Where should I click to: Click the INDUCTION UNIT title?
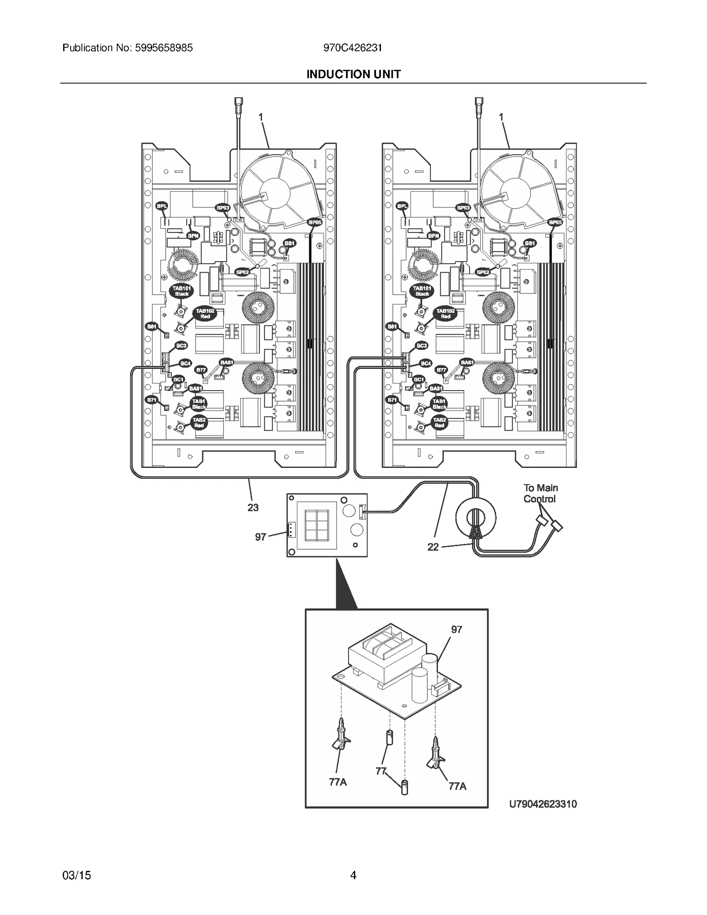(x=353, y=74)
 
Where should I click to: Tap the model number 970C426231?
(x=353, y=48)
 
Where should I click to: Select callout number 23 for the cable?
(x=253, y=508)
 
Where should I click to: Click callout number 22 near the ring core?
(x=433, y=547)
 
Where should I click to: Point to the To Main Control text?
(x=540, y=494)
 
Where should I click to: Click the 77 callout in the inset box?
(x=381, y=771)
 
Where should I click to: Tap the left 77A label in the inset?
(x=338, y=782)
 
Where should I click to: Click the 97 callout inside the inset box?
(x=456, y=630)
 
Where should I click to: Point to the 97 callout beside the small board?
(x=260, y=537)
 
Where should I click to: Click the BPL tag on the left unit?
(x=162, y=206)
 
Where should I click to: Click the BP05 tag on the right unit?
(x=555, y=222)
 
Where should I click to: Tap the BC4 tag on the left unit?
(x=186, y=363)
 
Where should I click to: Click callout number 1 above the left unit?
(x=261, y=117)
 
